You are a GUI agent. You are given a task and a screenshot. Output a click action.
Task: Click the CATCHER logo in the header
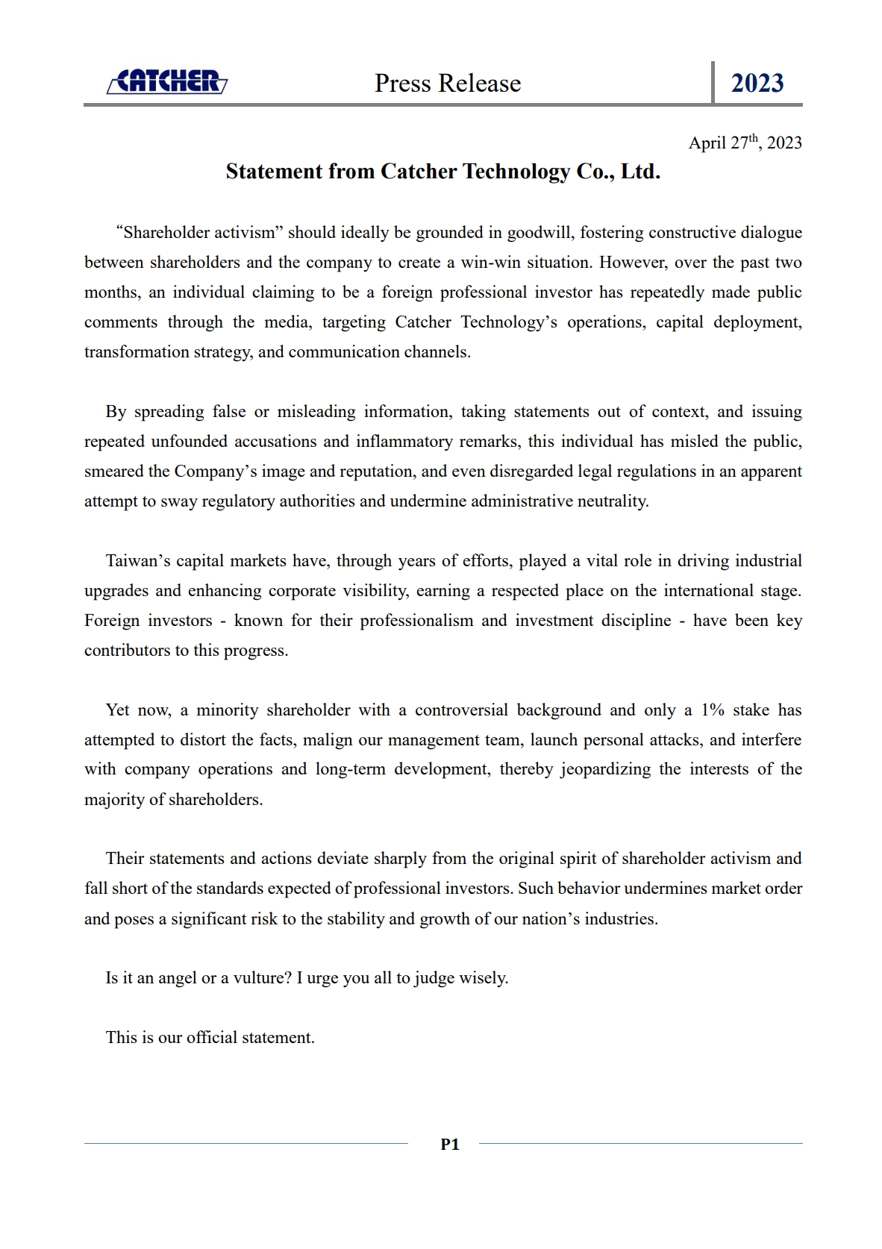tap(167, 81)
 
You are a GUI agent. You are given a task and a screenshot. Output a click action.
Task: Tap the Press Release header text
tap(448, 83)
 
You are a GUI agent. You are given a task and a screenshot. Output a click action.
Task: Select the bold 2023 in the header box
tap(757, 83)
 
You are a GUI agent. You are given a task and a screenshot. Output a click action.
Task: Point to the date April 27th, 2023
tap(745, 143)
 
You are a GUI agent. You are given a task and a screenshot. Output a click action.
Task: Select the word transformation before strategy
tap(137, 352)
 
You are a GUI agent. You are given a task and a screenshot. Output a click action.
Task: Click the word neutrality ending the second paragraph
tap(612, 501)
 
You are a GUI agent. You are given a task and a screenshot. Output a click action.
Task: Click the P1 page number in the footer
tap(450, 1145)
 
